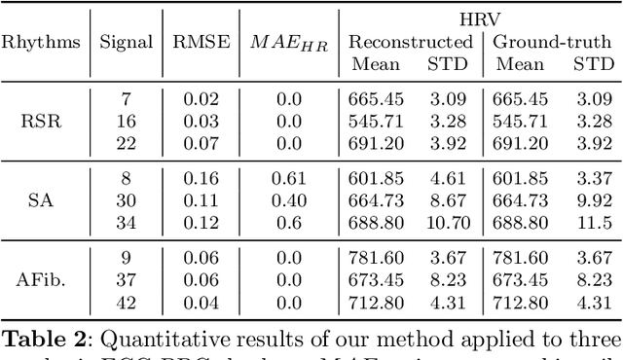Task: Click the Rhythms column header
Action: click(x=41, y=42)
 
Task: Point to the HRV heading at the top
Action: click(x=481, y=18)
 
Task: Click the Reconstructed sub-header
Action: click(x=410, y=42)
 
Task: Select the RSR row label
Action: click(x=41, y=122)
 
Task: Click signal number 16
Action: click(x=127, y=122)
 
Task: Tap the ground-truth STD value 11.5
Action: click(x=593, y=225)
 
